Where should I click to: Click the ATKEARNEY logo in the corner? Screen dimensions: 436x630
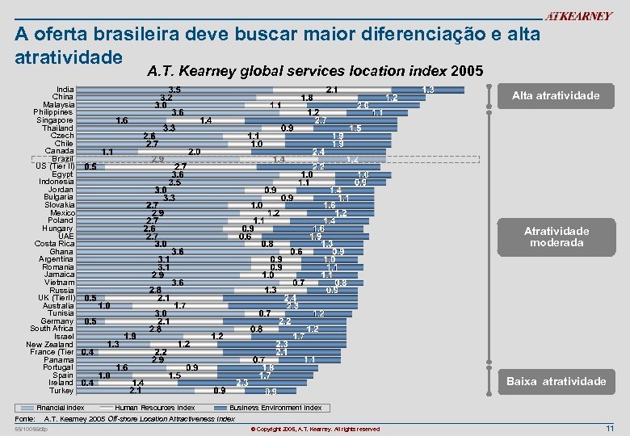(578, 16)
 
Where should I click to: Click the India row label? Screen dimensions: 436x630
(65, 90)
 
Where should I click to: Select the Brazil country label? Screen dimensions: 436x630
(63, 158)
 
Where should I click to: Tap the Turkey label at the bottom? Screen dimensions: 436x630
(61, 391)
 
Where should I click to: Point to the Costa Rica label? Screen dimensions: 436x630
(55, 243)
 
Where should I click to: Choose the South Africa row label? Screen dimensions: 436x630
(52, 329)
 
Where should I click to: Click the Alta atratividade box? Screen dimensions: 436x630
(556, 96)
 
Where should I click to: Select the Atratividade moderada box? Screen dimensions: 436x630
(556, 237)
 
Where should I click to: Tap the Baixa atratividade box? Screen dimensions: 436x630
(556, 381)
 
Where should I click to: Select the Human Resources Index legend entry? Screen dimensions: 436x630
(154, 408)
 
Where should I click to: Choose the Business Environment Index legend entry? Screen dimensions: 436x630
(275, 408)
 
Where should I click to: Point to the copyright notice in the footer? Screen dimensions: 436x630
(315, 429)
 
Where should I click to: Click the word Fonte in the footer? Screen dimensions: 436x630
(25, 419)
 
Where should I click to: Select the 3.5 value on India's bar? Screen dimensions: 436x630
(174, 90)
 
